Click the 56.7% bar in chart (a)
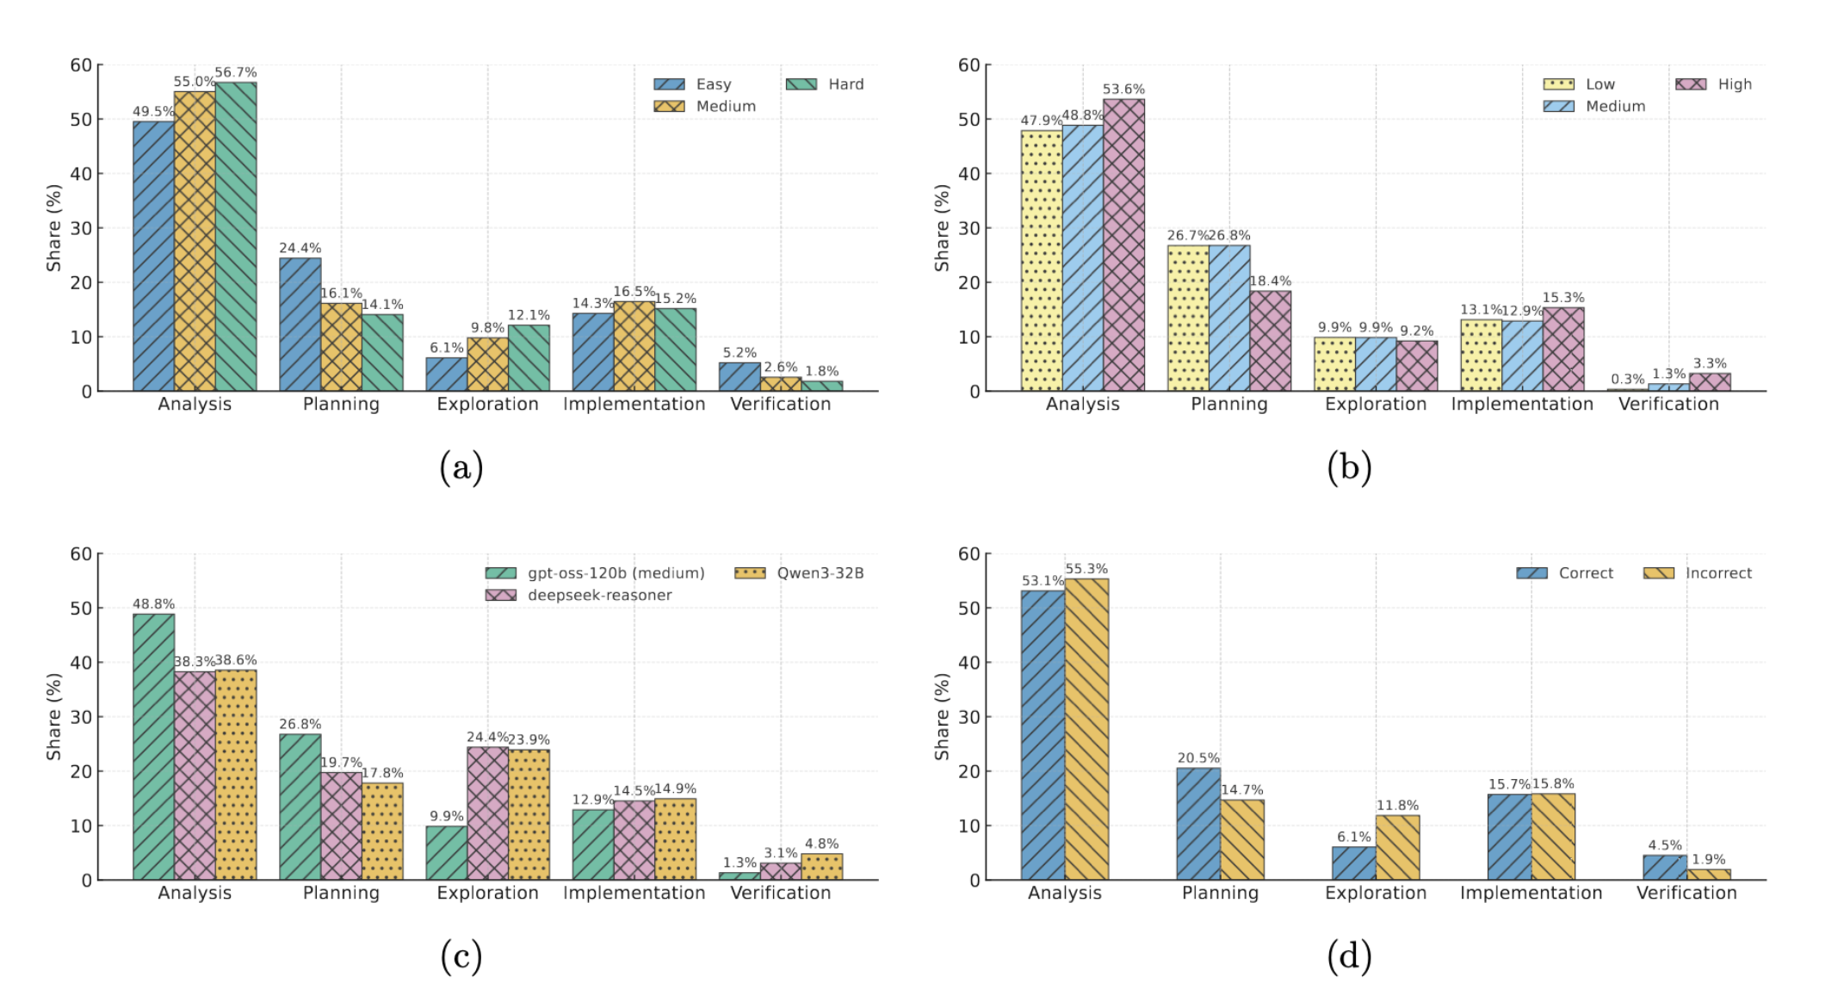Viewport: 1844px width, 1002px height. coord(236,237)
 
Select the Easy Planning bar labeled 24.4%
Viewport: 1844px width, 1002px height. coord(300,325)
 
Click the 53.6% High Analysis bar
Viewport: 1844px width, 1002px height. coord(1123,245)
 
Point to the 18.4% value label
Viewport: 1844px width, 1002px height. coord(1270,281)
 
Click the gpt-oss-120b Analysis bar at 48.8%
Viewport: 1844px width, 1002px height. coord(153,746)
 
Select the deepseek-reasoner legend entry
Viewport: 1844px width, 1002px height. coord(579,595)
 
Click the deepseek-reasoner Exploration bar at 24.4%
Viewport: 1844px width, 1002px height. coord(487,813)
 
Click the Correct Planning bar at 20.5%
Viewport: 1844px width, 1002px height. coord(1198,823)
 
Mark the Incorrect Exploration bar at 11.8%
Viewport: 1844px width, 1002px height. coord(1397,847)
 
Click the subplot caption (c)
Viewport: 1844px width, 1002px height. coord(461,956)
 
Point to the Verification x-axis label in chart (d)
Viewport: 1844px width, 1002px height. coord(1686,893)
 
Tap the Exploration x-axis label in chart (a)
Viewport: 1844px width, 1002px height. coord(487,404)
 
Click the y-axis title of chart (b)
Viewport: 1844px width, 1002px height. coord(942,228)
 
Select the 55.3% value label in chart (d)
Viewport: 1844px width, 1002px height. coord(1086,569)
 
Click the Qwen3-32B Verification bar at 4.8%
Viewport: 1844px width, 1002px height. coord(821,866)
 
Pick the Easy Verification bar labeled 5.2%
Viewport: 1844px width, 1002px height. coord(739,377)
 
